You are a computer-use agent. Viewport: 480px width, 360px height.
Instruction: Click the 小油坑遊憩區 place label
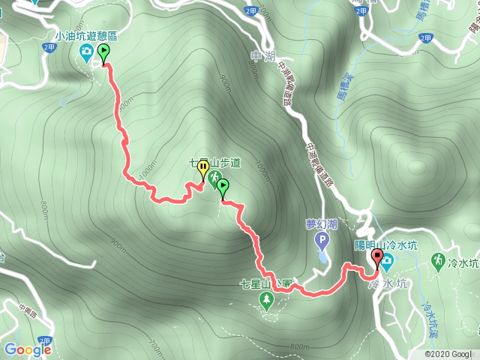click(x=87, y=34)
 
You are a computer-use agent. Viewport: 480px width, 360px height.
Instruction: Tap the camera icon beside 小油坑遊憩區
click(x=87, y=51)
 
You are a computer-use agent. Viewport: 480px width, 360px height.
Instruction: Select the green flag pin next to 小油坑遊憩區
click(x=103, y=52)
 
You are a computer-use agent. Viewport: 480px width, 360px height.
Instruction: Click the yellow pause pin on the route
click(x=202, y=170)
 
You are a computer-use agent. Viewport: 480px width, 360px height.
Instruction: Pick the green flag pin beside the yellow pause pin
click(x=223, y=185)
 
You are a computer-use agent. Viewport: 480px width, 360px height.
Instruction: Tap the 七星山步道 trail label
click(x=214, y=161)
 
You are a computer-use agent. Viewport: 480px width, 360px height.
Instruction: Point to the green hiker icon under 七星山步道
click(x=215, y=178)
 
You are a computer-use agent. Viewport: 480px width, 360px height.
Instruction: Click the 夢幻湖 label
click(x=321, y=223)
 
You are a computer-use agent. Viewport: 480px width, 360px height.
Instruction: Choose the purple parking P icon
click(x=322, y=241)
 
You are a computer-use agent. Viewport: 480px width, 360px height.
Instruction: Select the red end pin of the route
click(x=377, y=260)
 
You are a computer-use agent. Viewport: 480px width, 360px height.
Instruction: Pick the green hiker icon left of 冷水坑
click(x=437, y=260)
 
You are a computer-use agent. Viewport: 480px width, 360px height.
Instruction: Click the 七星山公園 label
click(x=266, y=283)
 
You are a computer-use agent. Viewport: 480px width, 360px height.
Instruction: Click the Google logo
click(x=28, y=349)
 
